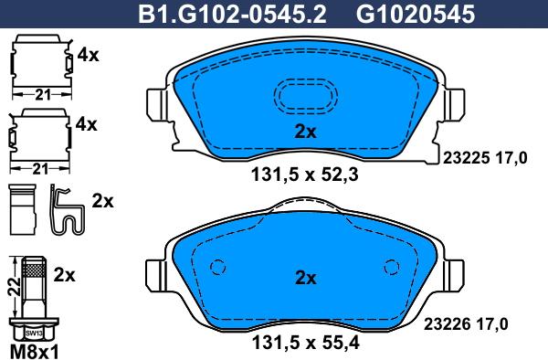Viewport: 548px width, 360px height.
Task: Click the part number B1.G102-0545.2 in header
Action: [232, 15]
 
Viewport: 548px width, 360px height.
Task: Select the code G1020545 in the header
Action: [416, 15]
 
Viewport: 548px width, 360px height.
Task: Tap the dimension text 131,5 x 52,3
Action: [305, 175]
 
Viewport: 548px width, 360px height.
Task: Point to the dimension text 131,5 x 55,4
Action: [305, 343]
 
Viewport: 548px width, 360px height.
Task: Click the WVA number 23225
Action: [466, 158]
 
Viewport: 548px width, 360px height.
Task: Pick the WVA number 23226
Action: [447, 324]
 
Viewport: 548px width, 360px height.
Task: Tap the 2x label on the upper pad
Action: [305, 132]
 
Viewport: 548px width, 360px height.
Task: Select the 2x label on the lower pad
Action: [305, 278]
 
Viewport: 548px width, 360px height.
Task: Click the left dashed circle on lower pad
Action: [217, 268]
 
